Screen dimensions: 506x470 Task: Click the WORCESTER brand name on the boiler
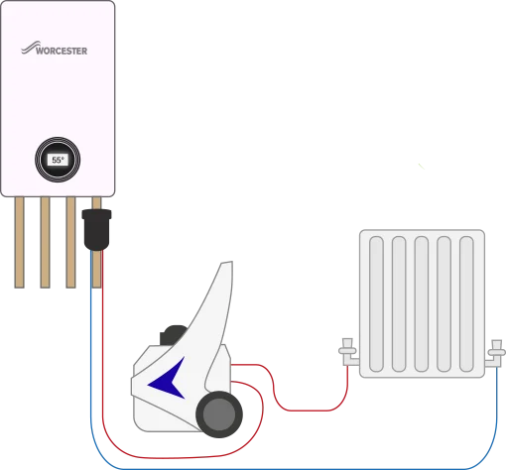(x=62, y=51)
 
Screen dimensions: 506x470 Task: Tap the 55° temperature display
(x=58, y=160)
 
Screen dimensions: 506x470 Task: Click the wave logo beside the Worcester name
(x=30, y=48)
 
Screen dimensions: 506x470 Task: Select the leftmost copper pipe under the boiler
(x=20, y=242)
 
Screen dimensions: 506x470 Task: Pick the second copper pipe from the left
(x=45, y=242)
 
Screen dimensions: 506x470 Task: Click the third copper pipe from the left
(x=70, y=242)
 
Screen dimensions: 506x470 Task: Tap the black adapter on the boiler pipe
(x=96, y=230)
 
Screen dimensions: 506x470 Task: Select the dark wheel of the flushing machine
(x=219, y=414)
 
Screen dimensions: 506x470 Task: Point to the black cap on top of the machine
(x=173, y=334)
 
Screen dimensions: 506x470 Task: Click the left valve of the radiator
(x=348, y=352)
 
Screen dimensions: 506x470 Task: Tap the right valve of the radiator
(x=495, y=354)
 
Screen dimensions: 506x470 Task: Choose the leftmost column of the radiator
(x=376, y=303)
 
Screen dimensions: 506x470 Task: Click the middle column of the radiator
(x=422, y=303)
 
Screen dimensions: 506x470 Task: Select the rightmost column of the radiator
(x=466, y=303)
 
